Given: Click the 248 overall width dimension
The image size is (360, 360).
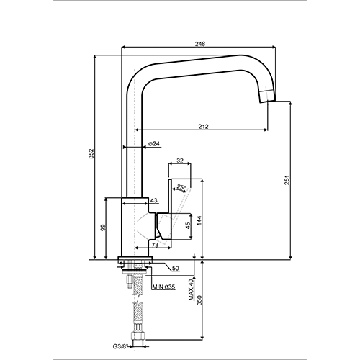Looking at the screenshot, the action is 200,44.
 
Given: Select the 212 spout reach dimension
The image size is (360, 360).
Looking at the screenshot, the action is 204,126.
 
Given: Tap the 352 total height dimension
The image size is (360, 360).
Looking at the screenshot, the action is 91,154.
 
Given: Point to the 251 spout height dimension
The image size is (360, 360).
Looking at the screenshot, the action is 287,180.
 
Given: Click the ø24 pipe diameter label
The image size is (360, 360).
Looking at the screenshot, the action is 154,143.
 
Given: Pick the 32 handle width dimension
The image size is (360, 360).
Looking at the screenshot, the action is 180,161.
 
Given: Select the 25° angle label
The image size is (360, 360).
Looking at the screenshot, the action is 181,186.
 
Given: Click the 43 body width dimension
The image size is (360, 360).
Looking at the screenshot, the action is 154,200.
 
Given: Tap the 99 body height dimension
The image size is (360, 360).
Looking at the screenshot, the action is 103,228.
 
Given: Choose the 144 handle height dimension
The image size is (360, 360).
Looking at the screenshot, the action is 199,221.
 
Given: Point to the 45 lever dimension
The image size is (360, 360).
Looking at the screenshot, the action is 188,225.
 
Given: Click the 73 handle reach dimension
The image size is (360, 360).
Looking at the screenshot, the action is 156,245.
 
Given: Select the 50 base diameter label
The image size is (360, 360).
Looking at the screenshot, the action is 176,269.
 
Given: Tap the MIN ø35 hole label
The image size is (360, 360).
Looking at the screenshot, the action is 164,287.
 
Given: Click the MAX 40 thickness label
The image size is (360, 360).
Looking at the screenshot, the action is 191,289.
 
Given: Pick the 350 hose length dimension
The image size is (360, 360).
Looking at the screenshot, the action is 199,300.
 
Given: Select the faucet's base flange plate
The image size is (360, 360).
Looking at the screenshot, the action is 135,259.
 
